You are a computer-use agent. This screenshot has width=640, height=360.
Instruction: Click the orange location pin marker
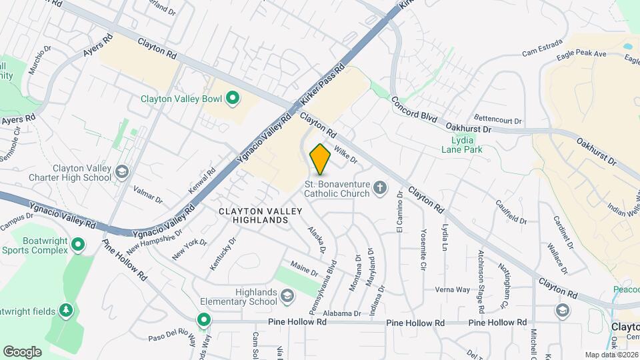[320, 159]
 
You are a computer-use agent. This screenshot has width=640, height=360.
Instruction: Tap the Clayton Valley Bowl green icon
[233, 99]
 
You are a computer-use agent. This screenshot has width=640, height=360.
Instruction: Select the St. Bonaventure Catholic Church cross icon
[380, 188]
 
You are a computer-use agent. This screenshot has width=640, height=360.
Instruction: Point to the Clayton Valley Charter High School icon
[122, 173]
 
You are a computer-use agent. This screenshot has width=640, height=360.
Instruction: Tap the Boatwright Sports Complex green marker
[78, 245]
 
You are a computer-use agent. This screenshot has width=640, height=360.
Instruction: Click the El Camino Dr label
[400, 213]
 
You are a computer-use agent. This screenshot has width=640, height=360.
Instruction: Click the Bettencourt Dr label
[498, 120]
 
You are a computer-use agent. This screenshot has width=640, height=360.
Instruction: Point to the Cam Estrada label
[539, 51]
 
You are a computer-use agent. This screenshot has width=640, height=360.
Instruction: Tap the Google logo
[22, 351]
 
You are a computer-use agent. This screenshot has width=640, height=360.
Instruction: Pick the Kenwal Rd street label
[202, 181]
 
